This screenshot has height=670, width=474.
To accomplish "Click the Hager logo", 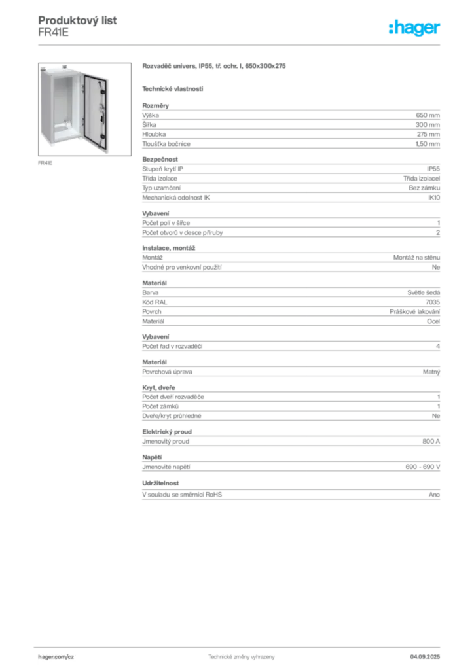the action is [414, 28].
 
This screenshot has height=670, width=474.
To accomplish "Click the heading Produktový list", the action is [77, 20].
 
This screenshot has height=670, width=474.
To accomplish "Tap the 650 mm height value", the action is [428, 115].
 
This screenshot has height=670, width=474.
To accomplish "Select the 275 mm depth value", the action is [428, 134].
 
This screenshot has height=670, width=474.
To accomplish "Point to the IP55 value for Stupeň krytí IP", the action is [433, 169].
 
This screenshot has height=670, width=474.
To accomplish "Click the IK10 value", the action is [434, 198].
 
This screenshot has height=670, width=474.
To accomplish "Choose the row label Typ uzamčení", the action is [162, 188].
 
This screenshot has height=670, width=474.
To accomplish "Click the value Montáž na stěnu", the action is [416, 258].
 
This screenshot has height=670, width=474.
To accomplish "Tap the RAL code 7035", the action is [433, 302].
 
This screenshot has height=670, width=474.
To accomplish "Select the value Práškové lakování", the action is [414, 312].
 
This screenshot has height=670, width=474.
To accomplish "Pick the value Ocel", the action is [433, 321].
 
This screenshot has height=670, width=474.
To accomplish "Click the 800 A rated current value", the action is [431, 442].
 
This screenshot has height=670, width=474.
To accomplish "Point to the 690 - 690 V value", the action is [423, 467].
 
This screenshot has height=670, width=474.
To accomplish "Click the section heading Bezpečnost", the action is [160, 160].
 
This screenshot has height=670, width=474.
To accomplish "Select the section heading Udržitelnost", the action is [160, 484].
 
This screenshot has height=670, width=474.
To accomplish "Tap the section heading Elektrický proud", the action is [167, 432].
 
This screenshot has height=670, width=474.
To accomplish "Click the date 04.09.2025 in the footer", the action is [425, 657].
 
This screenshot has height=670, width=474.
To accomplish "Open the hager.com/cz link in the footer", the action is [56, 657].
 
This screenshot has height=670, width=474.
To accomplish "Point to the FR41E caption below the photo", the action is [45, 163].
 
